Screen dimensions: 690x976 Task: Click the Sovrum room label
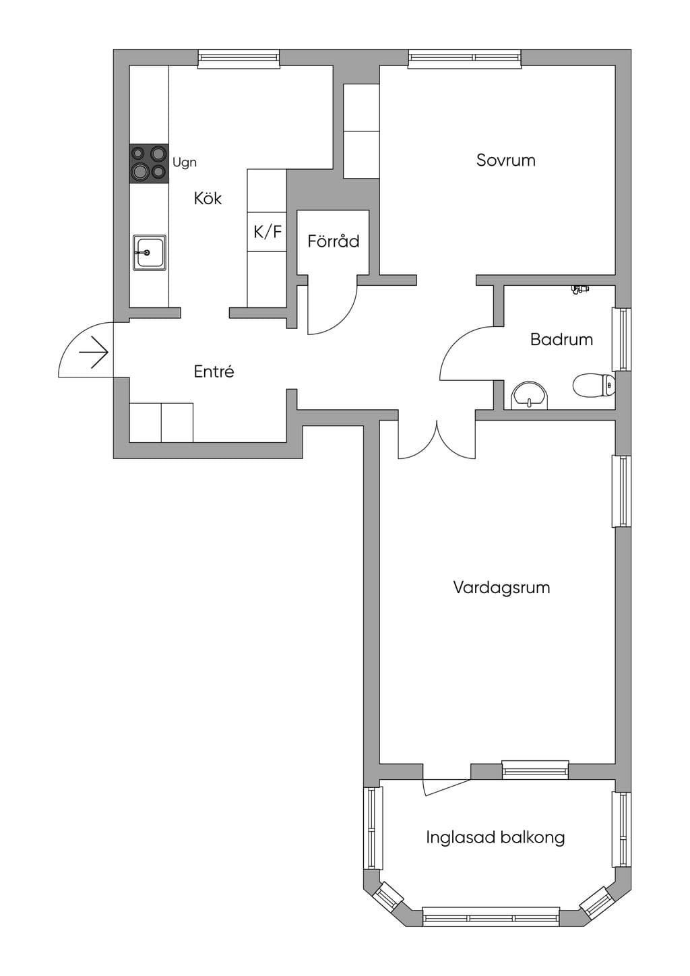[x=505, y=160]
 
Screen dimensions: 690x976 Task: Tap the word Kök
[x=208, y=199]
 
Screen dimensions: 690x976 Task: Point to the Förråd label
[x=334, y=241]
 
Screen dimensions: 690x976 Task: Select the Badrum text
[x=561, y=340]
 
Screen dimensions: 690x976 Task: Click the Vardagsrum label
[x=501, y=587]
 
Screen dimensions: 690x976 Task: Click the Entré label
[x=214, y=371]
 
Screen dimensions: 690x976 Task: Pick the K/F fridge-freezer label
[x=268, y=232]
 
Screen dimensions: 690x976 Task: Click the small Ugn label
[x=185, y=162]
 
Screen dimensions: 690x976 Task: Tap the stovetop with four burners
[x=149, y=162]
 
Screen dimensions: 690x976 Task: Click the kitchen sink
[x=150, y=253]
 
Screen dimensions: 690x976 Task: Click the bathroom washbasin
[x=530, y=396]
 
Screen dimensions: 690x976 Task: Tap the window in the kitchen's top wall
[x=239, y=59]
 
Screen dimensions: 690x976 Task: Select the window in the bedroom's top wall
[x=465, y=59]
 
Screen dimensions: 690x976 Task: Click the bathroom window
[x=622, y=340]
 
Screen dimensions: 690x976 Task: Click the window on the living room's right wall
[x=622, y=491]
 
